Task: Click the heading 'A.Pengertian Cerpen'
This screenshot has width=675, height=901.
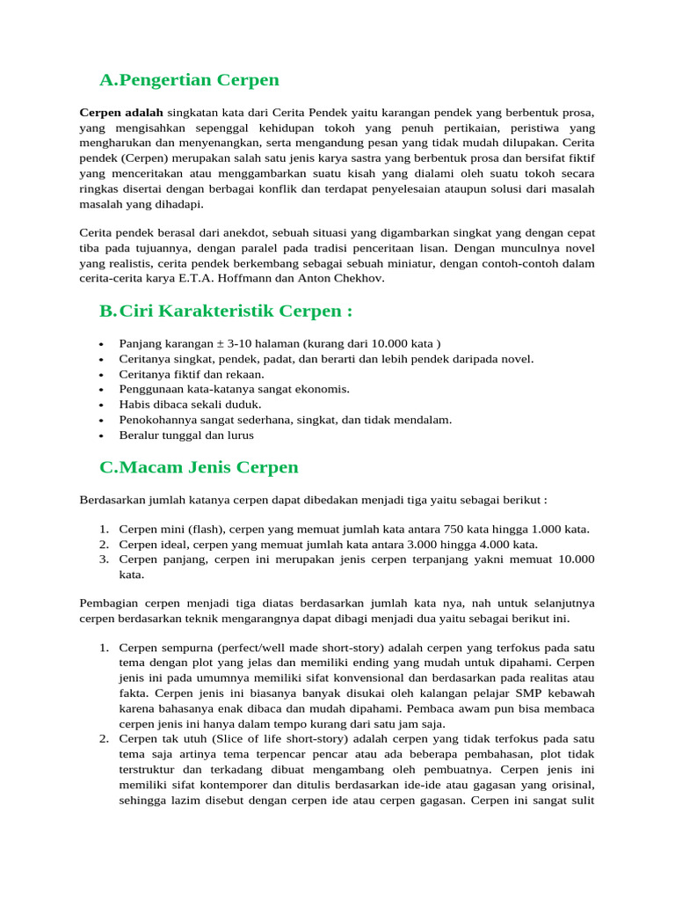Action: pyautogui.click(x=189, y=80)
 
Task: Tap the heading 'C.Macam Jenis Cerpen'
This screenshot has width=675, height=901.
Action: pyautogui.click(x=199, y=467)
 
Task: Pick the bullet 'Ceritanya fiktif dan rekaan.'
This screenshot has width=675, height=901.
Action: pyautogui.click(x=179, y=374)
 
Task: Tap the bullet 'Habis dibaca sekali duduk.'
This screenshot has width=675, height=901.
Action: pyautogui.click(x=178, y=405)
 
